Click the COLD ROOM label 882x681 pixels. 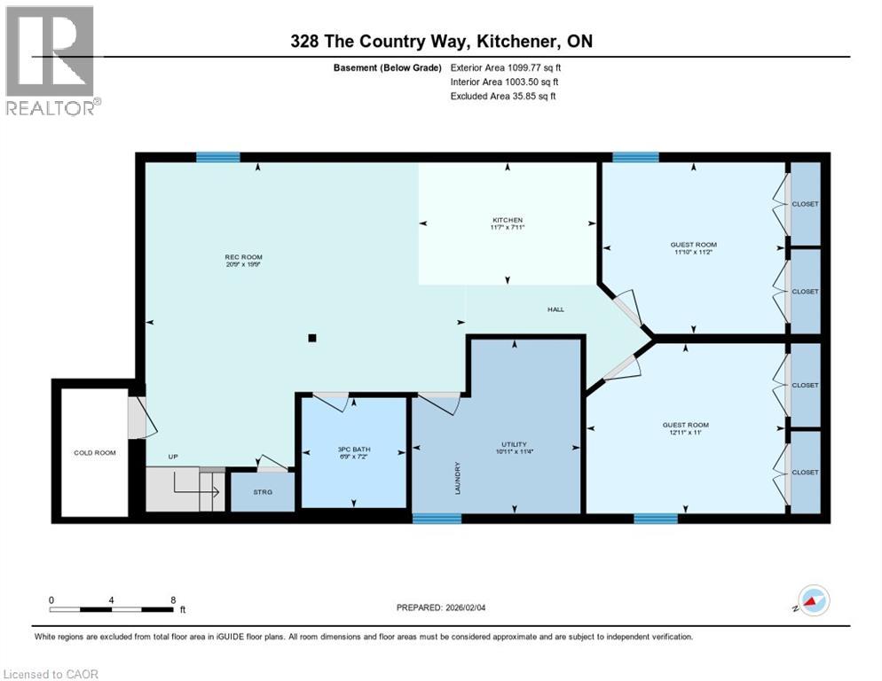coord(95,453)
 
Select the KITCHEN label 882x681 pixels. coord(508,220)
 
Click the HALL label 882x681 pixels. coord(556,309)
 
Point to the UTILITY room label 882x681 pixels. coord(514,444)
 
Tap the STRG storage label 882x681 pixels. coord(262,491)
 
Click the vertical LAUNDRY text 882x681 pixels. coord(458,478)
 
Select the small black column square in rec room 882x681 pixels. coord(311,337)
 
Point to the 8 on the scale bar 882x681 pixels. coord(171,599)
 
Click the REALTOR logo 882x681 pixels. coord(51,61)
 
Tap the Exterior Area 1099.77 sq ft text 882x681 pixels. coord(504,67)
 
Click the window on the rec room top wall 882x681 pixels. coord(217,158)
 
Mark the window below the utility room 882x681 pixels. coord(437,519)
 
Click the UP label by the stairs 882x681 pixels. coord(174,457)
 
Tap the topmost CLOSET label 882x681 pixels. coord(805,204)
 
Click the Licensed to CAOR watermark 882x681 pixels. coord(51,674)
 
